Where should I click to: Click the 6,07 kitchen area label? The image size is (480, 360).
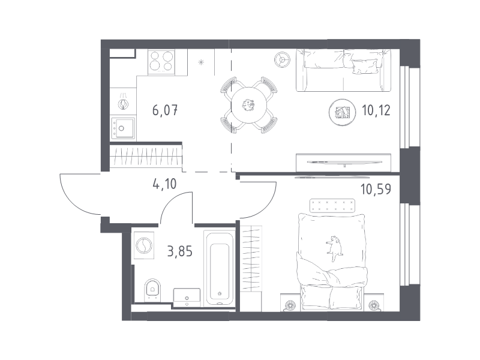(x=165, y=110)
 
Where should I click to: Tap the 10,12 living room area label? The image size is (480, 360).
(x=376, y=110)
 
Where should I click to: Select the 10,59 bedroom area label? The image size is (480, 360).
(x=376, y=189)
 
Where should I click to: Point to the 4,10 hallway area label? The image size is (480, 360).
(x=164, y=184)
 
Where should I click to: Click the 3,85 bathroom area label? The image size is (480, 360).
(x=179, y=251)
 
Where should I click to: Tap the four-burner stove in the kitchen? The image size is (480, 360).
(x=161, y=62)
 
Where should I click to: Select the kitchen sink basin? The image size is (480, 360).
(x=123, y=128)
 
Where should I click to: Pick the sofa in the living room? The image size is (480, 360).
(x=343, y=70)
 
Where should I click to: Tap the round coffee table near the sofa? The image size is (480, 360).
(x=342, y=112)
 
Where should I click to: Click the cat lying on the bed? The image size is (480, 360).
(x=335, y=247)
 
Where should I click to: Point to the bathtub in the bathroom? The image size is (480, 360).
(x=220, y=269)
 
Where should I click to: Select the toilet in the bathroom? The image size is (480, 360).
(x=152, y=288)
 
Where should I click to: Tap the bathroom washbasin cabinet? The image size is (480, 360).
(x=187, y=297)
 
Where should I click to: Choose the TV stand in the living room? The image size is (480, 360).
(x=343, y=163)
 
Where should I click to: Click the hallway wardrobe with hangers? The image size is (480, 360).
(x=146, y=156)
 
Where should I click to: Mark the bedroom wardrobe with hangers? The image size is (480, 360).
(x=251, y=259)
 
